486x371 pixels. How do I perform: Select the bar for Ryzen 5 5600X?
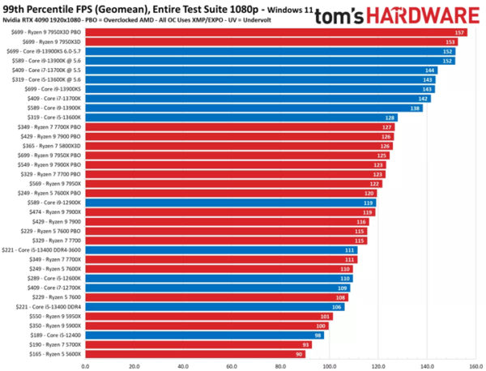pyautogui.click(x=194, y=353)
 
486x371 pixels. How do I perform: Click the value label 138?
pyautogui.click(x=416, y=108)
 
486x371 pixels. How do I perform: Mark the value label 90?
pyautogui.click(x=300, y=353)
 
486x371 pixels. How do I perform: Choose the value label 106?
pyautogui.click(x=338, y=306)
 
